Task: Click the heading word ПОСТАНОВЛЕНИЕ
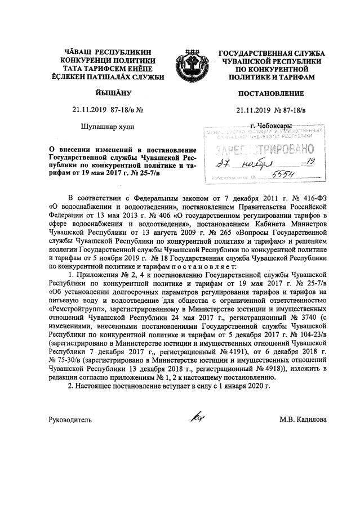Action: coord(271,93)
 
